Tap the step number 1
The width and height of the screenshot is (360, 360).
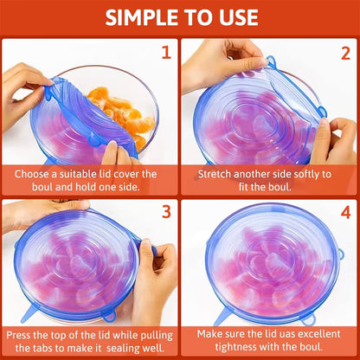pos(165,52)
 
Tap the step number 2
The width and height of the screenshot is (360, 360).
pos(344,52)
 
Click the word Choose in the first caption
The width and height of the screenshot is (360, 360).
pos(34,173)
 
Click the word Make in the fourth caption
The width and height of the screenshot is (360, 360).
pos(211,333)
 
